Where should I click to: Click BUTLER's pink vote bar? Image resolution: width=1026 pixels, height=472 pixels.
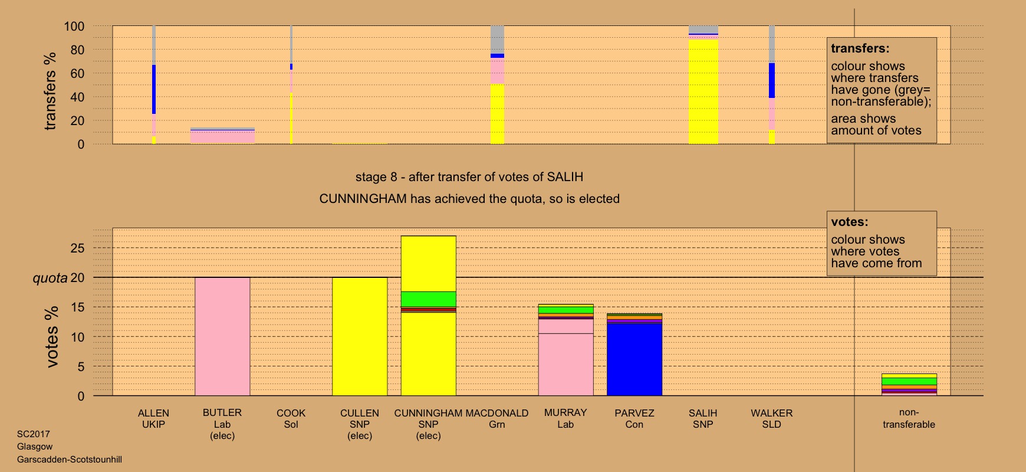click(x=222, y=336)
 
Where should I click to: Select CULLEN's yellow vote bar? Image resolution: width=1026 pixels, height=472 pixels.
click(x=360, y=336)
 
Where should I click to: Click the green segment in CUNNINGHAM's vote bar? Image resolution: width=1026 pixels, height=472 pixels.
click(x=429, y=299)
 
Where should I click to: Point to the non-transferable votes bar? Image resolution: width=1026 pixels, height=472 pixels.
click(x=909, y=384)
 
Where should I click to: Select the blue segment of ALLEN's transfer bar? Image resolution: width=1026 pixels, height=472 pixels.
click(x=154, y=89)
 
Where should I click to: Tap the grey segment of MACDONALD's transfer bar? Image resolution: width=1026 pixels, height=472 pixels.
click(x=497, y=40)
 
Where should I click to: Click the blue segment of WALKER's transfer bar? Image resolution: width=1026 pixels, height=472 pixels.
click(x=771, y=80)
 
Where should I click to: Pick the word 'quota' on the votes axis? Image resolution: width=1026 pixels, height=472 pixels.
click(x=50, y=278)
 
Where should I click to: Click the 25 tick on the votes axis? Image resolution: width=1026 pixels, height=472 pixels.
click(x=77, y=248)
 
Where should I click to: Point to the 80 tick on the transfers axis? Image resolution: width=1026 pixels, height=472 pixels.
click(x=77, y=50)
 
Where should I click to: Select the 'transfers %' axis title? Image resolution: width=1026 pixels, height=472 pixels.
click(x=50, y=91)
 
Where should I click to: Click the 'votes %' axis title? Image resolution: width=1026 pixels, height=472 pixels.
click(x=52, y=337)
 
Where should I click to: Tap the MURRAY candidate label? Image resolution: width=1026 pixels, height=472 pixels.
click(x=565, y=413)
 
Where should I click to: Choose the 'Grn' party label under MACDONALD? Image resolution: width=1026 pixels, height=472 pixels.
click(x=497, y=425)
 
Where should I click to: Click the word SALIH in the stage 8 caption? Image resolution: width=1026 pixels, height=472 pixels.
click(x=565, y=177)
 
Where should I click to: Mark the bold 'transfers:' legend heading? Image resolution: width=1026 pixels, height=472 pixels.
click(x=860, y=49)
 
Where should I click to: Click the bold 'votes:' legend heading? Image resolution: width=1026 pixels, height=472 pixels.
click(x=849, y=222)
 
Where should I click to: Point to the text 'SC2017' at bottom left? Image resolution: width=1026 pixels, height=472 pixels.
click(x=34, y=434)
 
